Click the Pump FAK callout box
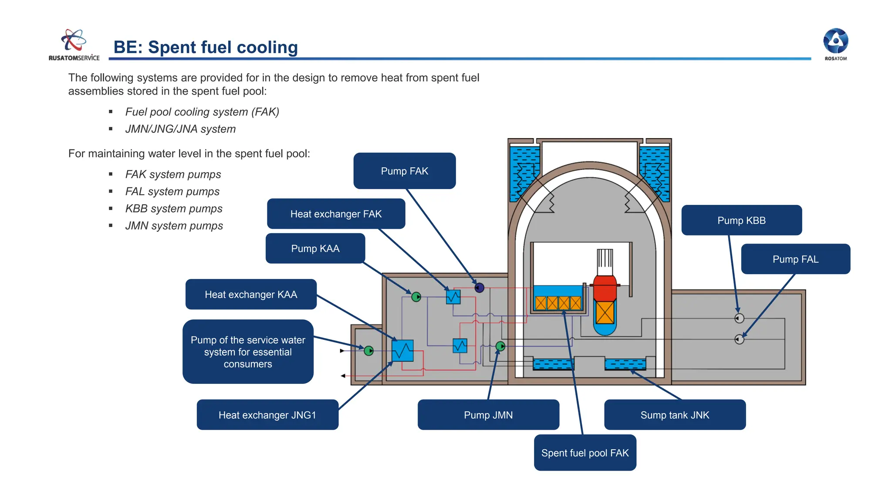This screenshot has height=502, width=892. (404, 171)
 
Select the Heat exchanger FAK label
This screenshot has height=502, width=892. (336, 214)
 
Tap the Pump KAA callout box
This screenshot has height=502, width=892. (315, 248)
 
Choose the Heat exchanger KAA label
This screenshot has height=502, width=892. (251, 295)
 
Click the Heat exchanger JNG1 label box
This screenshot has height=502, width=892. (267, 415)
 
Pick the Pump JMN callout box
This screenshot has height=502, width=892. (488, 415)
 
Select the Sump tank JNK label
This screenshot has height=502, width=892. (674, 415)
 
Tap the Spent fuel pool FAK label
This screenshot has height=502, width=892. (585, 453)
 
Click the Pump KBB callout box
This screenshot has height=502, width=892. (741, 220)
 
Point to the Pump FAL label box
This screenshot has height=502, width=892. (795, 259)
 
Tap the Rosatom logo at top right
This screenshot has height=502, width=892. (835, 44)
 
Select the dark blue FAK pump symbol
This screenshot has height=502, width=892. (479, 288)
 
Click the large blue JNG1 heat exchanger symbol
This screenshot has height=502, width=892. (402, 351)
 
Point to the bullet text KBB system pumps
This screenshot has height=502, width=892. (174, 209)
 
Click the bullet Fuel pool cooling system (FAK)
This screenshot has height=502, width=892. (202, 112)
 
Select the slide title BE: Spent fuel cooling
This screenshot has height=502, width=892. (206, 47)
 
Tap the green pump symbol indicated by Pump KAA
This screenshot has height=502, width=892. (416, 297)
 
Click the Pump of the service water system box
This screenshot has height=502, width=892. (248, 352)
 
